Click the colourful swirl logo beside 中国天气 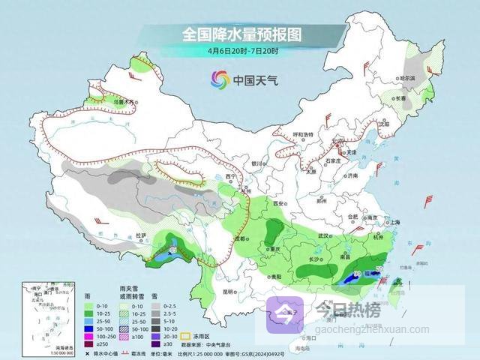tap(219, 79)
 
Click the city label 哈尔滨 tap(407, 77)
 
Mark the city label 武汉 tap(324, 235)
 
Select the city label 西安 tap(280, 203)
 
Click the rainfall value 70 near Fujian tap(379, 268)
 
